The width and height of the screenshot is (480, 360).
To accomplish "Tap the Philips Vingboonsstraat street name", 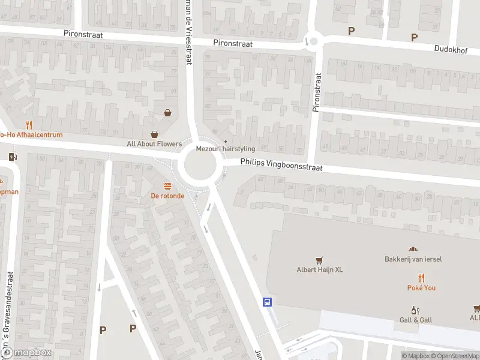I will point(281,165).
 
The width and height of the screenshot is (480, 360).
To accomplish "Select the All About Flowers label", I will point(154,144).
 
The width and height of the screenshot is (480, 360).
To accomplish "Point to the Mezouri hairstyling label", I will point(226,149).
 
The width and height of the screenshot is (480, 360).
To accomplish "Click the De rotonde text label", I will point(167,196).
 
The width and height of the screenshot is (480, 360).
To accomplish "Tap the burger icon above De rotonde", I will point(167,185).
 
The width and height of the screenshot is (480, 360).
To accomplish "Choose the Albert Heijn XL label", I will point(320,270).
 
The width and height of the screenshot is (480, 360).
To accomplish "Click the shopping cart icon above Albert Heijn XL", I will point(319,260).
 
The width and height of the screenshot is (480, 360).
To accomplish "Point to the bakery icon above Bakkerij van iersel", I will point(412,249).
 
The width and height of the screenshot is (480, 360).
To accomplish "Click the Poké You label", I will point(422,288).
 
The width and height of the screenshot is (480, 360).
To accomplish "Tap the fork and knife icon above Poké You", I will point(422,277).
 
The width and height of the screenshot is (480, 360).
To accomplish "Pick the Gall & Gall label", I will point(415,320).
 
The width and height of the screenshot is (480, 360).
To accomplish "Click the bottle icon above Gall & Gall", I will point(415,310).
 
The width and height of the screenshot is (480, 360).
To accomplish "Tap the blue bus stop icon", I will point(268,302).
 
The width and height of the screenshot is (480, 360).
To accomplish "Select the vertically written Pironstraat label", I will point(316,92).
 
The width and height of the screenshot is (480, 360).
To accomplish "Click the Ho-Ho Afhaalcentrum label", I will point(31,135).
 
